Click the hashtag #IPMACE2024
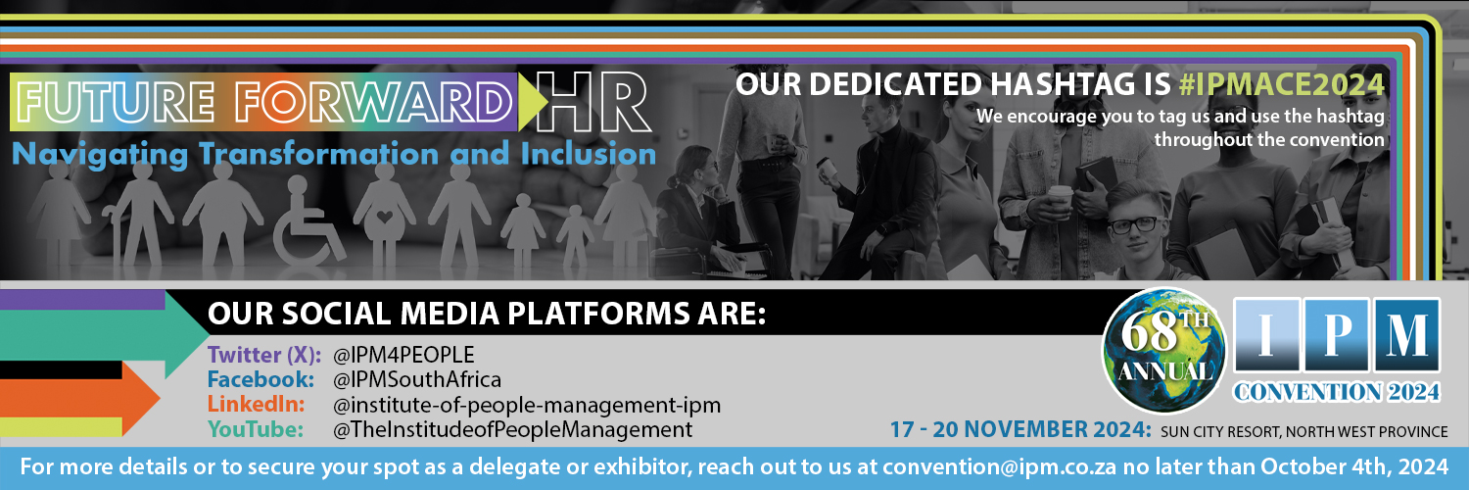coord(1282,85)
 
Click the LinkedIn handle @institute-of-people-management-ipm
coord(527,404)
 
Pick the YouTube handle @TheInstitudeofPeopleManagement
coord(512,429)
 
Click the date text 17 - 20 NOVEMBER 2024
coord(1019,430)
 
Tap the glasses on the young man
coord(1134,224)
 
